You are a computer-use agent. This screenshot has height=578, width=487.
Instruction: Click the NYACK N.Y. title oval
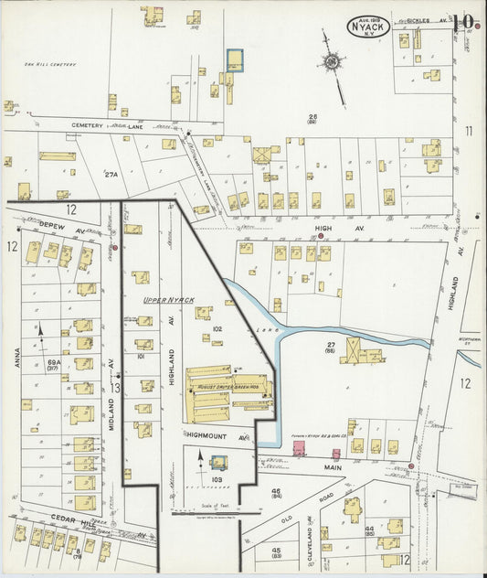click(x=368, y=27)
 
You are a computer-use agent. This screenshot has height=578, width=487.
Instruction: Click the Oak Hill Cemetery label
click(x=51, y=65)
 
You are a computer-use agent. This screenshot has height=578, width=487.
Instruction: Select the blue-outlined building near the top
click(x=235, y=60)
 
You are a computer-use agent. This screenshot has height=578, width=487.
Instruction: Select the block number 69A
click(x=53, y=362)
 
